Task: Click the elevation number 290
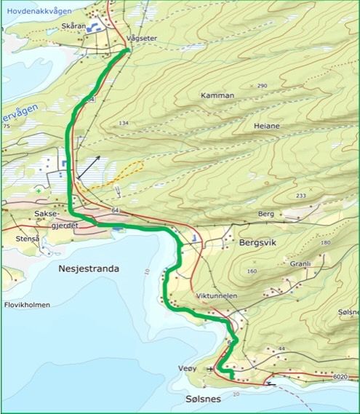pyautogui.click(x=262, y=86)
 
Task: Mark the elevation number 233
pyautogui.click(x=301, y=196)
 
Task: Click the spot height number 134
pyautogui.click(x=123, y=124)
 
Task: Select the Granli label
pyautogui.click(x=300, y=264)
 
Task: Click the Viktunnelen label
pyautogui.click(x=216, y=298)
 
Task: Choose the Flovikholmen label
pyautogui.click(x=27, y=305)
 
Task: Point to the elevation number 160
pyautogui.click(x=252, y=271)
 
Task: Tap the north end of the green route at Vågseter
pyautogui.click(x=127, y=50)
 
